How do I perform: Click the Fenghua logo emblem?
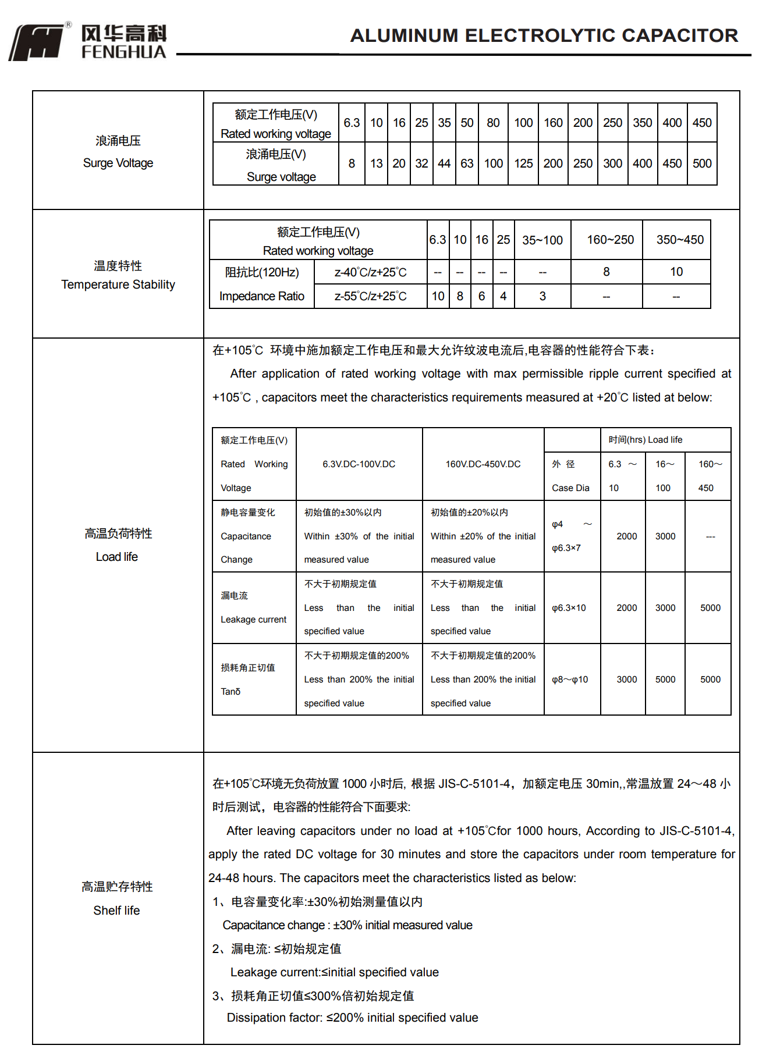tap(36, 42)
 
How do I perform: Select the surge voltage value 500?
tap(702, 163)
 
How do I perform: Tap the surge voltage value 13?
tap(377, 163)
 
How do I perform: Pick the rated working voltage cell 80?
tap(493, 123)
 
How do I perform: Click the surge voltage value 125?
tap(523, 163)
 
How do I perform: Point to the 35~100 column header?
tap(542, 240)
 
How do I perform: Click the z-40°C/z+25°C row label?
tap(370, 272)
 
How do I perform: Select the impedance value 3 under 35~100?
tap(542, 296)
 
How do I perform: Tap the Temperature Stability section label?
tap(118, 285)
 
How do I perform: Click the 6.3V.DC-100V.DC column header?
tap(359, 464)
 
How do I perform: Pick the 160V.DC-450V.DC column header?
tap(483, 464)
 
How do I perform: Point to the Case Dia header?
tap(570, 488)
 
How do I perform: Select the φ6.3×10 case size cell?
tap(569, 608)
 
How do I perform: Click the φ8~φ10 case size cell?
tap(570, 680)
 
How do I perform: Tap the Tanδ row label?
tap(230, 692)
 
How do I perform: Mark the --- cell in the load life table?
tap(711, 536)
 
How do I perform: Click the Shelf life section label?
tap(116, 911)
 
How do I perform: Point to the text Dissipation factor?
tap(274, 1018)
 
